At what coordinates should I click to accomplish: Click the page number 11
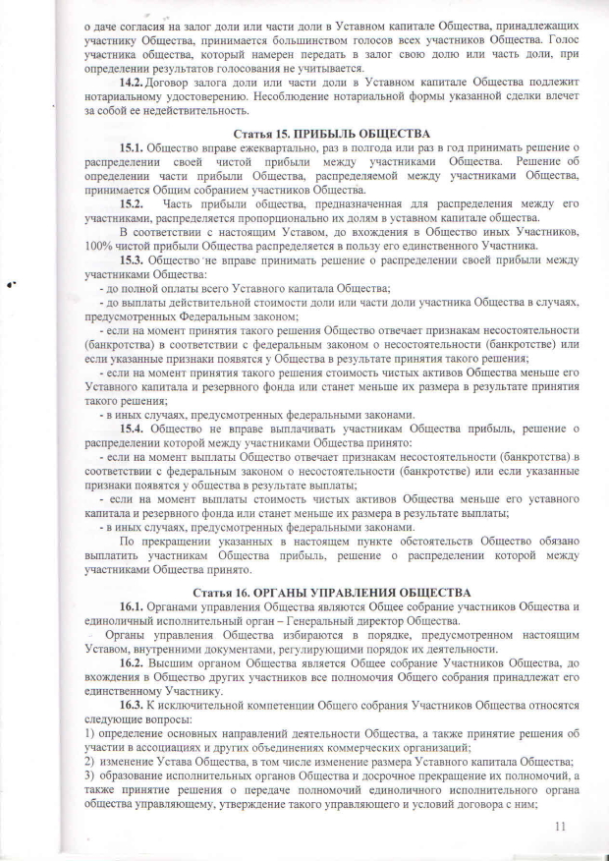561,826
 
